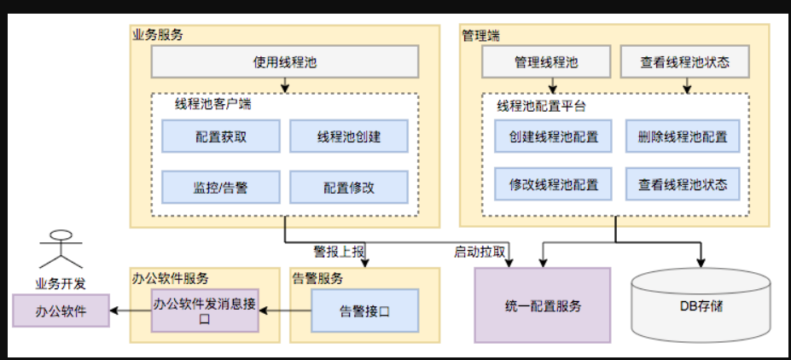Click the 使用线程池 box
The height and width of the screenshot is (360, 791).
pos(285,62)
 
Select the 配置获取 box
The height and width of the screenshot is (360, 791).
pos(221,136)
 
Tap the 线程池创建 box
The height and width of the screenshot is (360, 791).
pos(349,136)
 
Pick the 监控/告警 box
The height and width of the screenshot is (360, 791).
pos(221,188)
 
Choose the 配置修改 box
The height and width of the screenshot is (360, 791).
pos(349,188)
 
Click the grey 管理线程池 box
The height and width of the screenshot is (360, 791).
pos(546,62)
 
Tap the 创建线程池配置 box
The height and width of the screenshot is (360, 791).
pos(554,136)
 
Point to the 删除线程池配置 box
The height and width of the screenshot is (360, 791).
pos(682,136)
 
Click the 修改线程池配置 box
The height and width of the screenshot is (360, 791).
pos(554,183)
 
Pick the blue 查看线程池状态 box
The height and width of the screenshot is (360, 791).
pos(682,183)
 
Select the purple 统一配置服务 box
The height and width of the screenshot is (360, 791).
pos(543,305)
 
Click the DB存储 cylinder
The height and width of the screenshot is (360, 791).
pos(702,305)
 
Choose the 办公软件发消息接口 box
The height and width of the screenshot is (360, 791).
pos(205,311)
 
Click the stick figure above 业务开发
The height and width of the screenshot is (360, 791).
pos(61,251)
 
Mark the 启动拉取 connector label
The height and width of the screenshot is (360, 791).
pos(480,252)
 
